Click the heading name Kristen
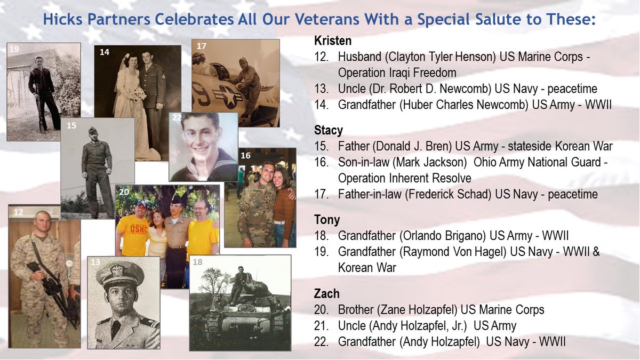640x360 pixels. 333,41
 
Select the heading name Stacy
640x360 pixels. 329,131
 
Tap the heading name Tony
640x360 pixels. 327,220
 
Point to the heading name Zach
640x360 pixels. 327,294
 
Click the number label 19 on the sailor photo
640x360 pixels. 14,49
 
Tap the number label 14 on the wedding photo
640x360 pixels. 104,52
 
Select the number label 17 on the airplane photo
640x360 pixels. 201,46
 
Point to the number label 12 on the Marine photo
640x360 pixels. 18,212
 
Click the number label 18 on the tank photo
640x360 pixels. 197,262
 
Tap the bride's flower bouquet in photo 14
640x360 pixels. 138,95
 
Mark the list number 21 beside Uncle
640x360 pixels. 321,325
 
